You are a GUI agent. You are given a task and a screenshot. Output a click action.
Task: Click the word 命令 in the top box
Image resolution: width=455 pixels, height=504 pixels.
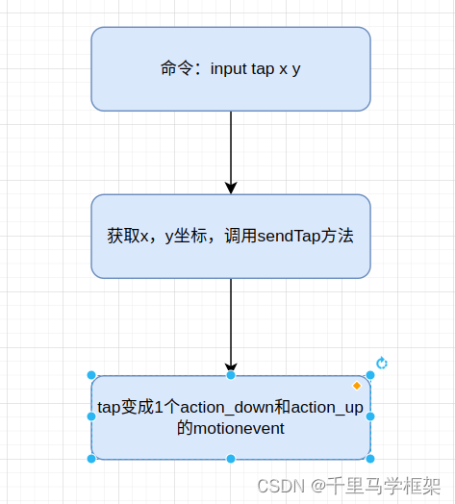pyautogui.click(x=175, y=70)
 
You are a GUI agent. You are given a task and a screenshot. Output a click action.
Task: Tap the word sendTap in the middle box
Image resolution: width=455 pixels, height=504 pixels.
pyautogui.click(x=285, y=236)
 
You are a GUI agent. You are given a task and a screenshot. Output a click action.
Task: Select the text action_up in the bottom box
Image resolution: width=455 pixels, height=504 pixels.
pyautogui.click(x=326, y=407)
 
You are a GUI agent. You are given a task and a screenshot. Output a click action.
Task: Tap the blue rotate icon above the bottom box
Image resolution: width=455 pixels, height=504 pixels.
pyautogui.click(x=382, y=363)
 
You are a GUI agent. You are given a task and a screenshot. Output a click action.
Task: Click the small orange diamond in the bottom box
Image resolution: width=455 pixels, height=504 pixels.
pyautogui.click(x=357, y=386)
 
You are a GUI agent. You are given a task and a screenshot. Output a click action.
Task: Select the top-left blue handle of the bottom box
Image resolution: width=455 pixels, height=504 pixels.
pyautogui.click(x=91, y=375)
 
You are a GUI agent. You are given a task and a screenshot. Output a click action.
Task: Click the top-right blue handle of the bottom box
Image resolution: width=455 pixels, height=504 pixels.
pyautogui.click(x=370, y=375)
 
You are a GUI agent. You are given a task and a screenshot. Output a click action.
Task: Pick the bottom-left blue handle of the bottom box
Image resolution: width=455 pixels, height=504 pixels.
pyautogui.click(x=91, y=459)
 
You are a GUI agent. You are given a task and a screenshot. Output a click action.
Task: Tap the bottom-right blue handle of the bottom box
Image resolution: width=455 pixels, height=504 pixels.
pyautogui.click(x=370, y=459)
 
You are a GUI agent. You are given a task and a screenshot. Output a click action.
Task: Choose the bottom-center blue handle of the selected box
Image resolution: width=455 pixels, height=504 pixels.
pyautogui.click(x=231, y=459)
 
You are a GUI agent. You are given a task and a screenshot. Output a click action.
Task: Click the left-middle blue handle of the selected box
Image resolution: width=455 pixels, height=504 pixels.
pyautogui.click(x=91, y=416)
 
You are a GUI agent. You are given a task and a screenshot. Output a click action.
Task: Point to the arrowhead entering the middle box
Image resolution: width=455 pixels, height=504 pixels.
pyautogui.click(x=231, y=188)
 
